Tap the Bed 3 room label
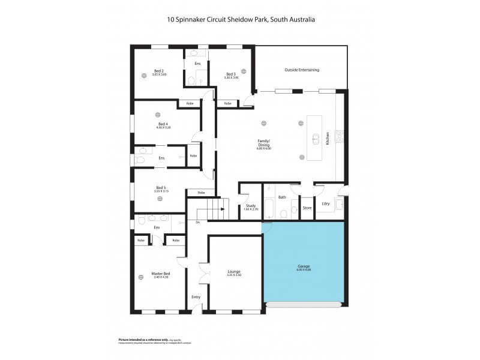pos(231,74)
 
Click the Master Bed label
pos(161,274)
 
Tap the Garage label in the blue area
pos(304,266)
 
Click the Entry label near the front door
pos(196,297)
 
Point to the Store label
pos(307,208)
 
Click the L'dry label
pos(326,204)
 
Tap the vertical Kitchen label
pos(328,139)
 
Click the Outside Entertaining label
pos(301,70)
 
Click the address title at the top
pos(241,20)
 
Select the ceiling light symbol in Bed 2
pos(144,75)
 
